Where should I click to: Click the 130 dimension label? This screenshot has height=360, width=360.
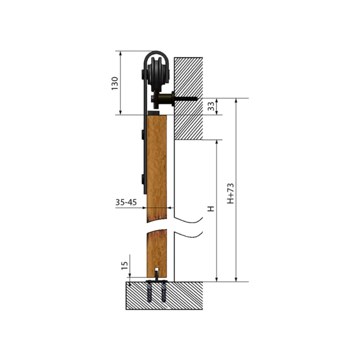click(115, 84)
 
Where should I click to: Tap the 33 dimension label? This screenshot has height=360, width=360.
click(211, 106)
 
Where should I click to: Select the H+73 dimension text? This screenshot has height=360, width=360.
click(230, 193)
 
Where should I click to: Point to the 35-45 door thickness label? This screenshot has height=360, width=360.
click(126, 202)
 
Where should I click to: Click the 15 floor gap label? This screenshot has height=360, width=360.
click(124, 265)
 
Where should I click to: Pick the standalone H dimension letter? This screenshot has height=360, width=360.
click(211, 209)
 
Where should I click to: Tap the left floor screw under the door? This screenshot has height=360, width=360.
click(149, 292)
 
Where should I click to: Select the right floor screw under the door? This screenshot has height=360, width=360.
click(164, 291)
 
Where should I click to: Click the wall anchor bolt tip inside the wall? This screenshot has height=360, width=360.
click(197, 99)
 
